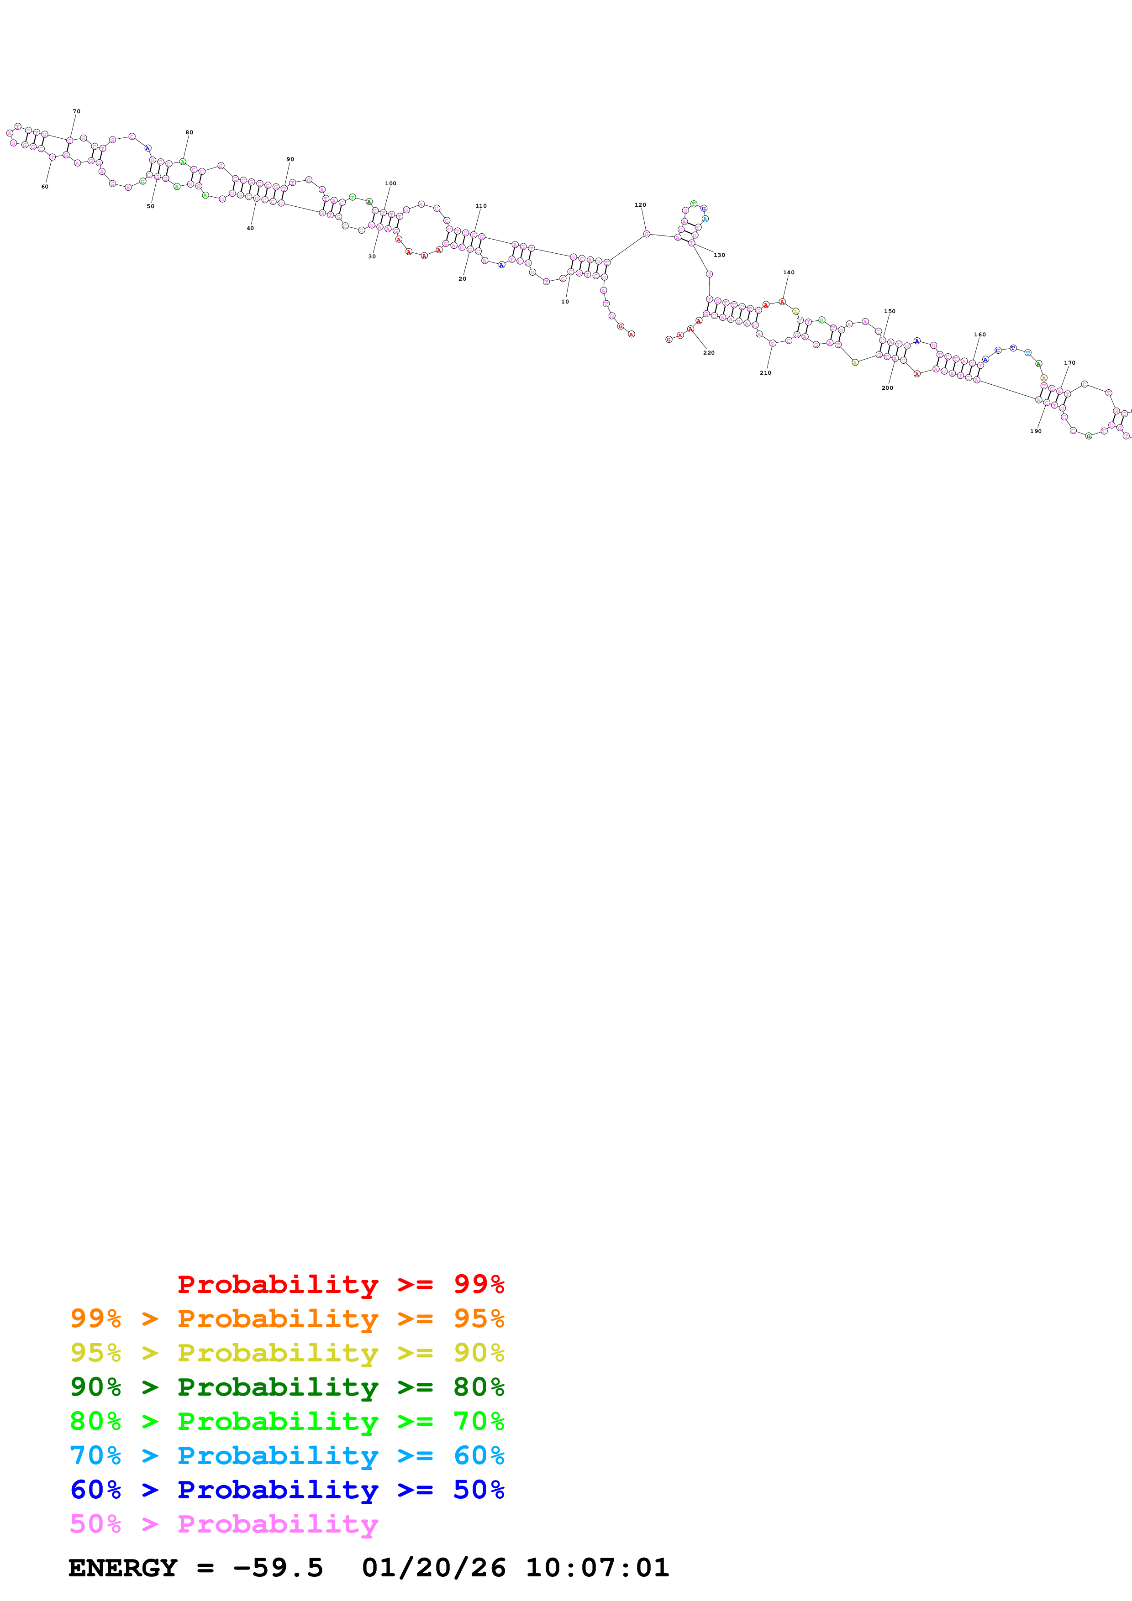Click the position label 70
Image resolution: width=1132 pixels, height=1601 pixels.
pos(77,111)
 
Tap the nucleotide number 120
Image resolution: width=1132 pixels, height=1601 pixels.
pos(640,205)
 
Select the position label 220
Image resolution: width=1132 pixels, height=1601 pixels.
pos(709,353)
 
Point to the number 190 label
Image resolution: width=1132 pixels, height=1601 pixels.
pos(1036,431)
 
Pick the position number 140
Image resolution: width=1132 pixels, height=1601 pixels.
pos(789,272)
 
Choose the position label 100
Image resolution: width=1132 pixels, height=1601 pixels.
pos(390,183)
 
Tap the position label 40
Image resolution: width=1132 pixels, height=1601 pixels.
pos(250,228)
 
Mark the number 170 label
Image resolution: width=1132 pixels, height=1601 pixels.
pos(1070,362)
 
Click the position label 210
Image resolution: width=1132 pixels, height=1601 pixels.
pos(766,373)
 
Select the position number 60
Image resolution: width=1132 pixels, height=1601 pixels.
pos(45,187)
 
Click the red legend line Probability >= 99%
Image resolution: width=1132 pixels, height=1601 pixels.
pos(340,1284)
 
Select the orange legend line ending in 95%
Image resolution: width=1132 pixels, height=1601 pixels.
pos(287,1318)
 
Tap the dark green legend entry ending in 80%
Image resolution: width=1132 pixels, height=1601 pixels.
pos(287,1387)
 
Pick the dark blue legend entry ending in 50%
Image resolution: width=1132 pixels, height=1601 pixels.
pos(287,1490)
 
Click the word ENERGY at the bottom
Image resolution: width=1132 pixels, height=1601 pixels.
pos(123,1568)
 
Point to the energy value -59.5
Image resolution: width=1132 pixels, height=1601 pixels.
pos(278,1568)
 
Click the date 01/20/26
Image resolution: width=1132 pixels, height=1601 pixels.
pos(433,1568)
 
